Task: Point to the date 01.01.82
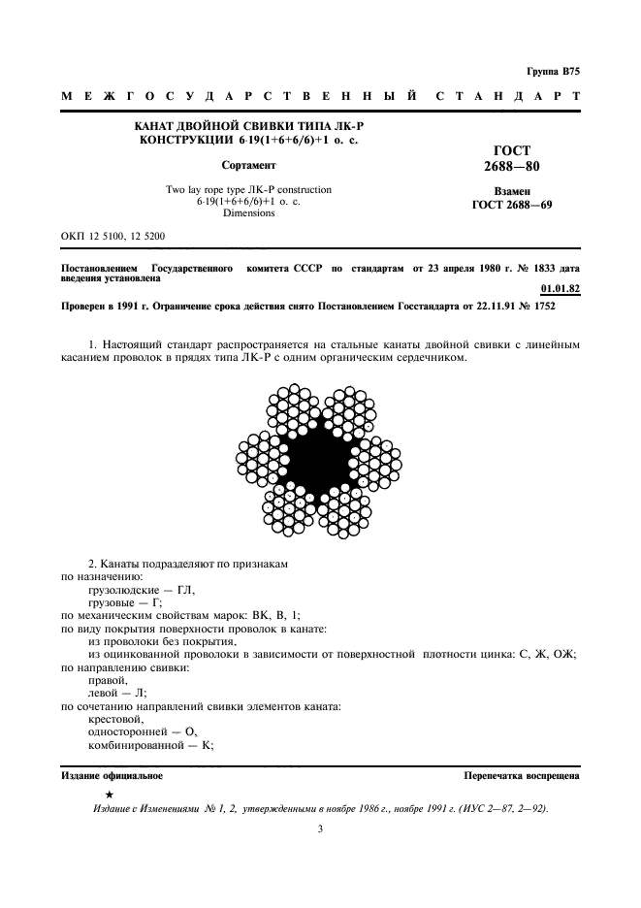pyautogui.click(x=559, y=288)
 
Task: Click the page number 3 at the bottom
pyautogui.click(x=320, y=828)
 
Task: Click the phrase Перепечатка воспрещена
pyautogui.click(x=522, y=776)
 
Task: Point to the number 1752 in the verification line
pyautogui.click(x=537, y=307)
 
